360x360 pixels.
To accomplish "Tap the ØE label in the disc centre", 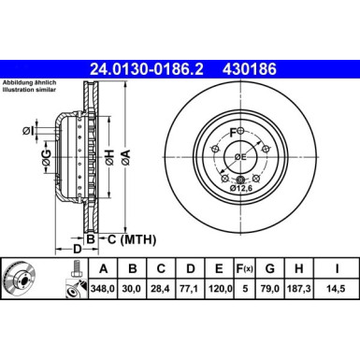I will click(240, 155).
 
